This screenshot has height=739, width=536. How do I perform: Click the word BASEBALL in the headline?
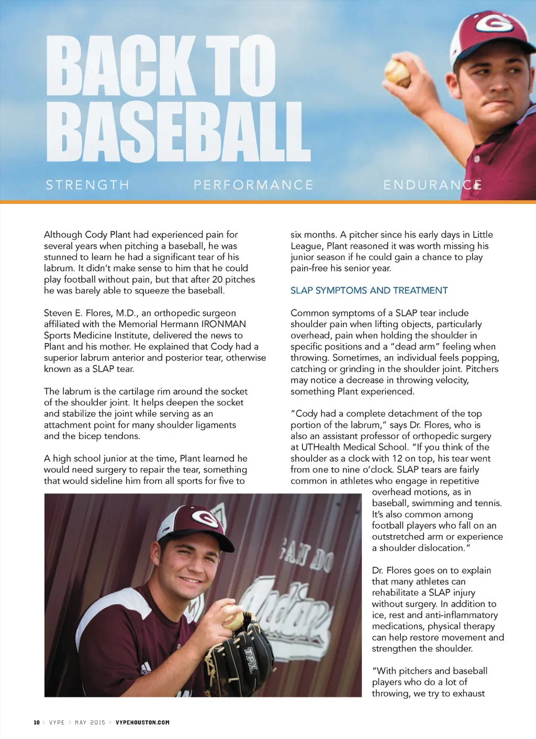178,132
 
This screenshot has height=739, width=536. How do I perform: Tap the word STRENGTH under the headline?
87,185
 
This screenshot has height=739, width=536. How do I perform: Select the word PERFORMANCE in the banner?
253,185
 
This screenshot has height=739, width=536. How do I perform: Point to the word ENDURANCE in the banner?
432,185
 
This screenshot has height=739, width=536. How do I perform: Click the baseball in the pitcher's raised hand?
397,72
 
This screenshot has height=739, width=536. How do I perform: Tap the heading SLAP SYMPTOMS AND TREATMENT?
369,290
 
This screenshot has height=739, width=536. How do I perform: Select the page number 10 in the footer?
37,722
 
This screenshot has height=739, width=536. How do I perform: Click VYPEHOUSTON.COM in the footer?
142,722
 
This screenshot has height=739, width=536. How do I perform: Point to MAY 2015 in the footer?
90,722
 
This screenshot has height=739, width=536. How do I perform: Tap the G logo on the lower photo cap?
205,519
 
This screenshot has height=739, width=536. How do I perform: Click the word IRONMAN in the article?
224,324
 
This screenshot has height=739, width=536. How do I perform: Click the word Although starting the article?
63,235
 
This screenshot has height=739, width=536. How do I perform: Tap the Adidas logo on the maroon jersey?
145,668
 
